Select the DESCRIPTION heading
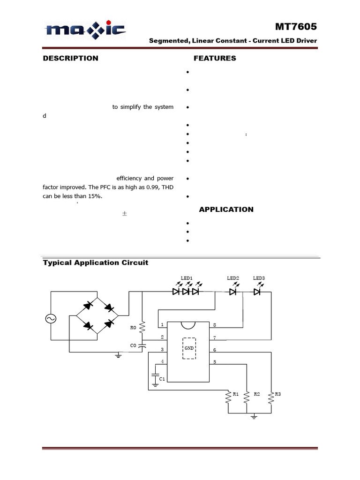click(x=71, y=58)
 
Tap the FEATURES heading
click(x=215, y=58)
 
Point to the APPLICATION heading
click(x=226, y=210)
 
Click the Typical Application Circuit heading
click(x=96, y=262)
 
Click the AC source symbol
click(x=50, y=319)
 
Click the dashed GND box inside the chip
click(x=189, y=348)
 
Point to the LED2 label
click(x=233, y=278)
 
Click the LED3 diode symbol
click(x=257, y=292)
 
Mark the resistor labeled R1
click(x=228, y=397)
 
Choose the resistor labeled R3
click(x=271, y=397)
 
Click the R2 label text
click(x=257, y=394)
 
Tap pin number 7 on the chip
click(x=215, y=337)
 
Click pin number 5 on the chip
click(x=215, y=362)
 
